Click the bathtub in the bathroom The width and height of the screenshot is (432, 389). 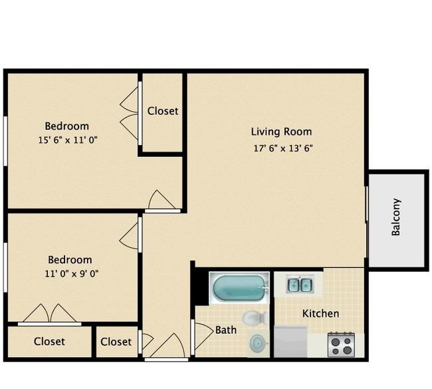click(239, 288)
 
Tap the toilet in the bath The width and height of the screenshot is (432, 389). click(254, 318)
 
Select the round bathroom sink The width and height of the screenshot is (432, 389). click(259, 343)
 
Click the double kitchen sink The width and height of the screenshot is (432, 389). click(300, 285)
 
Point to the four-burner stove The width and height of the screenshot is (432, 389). click(341, 344)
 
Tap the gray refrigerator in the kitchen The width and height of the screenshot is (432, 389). click(290, 342)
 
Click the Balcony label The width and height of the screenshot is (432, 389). click(395, 217)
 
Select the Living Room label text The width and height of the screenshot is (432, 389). click(281, 132)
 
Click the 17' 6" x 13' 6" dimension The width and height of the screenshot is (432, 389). click(283, 148)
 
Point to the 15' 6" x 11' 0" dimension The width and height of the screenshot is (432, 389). click(68, 140)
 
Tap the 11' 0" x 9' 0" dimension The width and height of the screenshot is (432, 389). click(72, 273)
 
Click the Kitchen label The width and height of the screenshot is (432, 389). click(320, 313)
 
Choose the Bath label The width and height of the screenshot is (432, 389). click(226, 330)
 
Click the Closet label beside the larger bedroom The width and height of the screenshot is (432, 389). click(163, 111)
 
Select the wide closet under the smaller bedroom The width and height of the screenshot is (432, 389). click(50, 342)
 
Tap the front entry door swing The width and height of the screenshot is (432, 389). click(167, 345)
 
